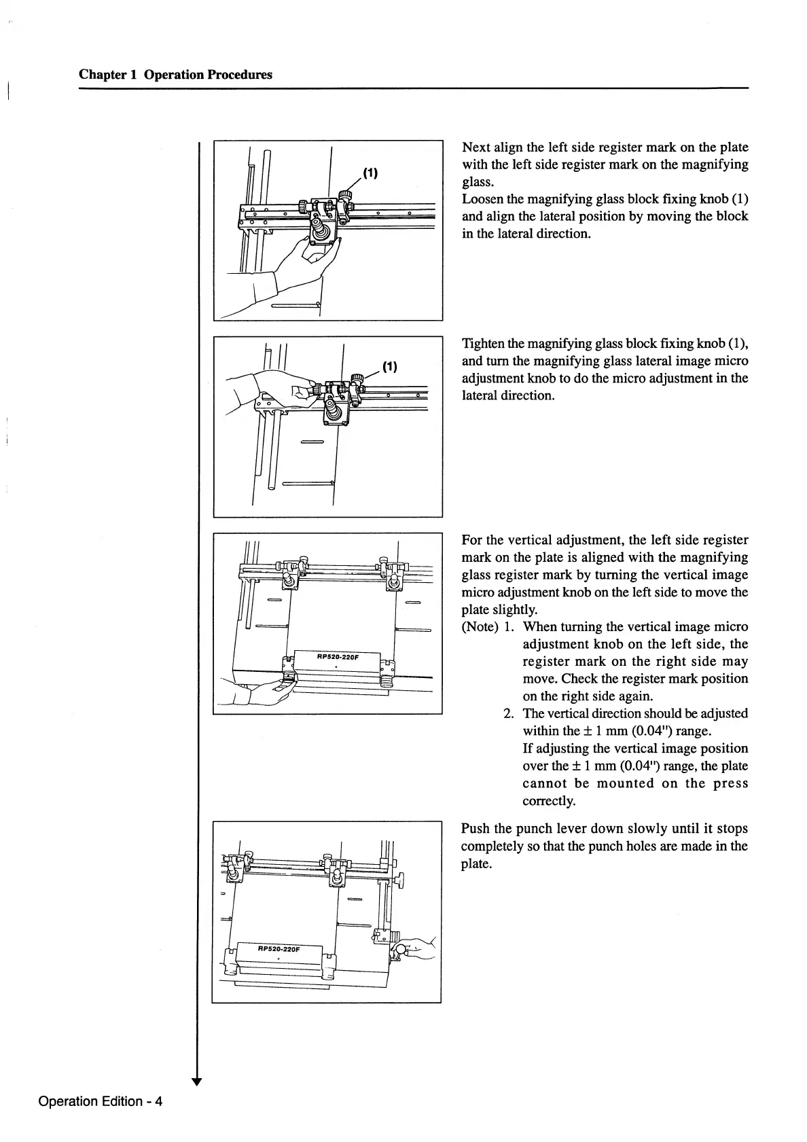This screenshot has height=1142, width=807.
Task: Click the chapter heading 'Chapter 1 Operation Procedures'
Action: [x=175, y=75]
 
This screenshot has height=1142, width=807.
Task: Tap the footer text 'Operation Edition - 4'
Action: [x=101, y=1101]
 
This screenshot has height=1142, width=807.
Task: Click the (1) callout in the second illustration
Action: [x=389, y=368]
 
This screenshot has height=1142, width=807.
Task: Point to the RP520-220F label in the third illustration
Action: [x=338, y=656]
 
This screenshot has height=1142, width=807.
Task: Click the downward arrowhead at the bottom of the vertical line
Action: [x=196, y=1082]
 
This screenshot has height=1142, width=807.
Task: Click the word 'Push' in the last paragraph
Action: [x=476, y=829]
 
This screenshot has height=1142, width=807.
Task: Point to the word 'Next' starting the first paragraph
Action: [x=476, y=147]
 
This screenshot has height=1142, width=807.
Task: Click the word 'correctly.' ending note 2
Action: [x=549, y=800]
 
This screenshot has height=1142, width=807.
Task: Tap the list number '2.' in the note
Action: [x=509, y=713]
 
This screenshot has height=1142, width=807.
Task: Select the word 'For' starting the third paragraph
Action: [x=472, y=540]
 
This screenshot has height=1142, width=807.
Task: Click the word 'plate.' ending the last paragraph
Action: [x=476, y=863]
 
